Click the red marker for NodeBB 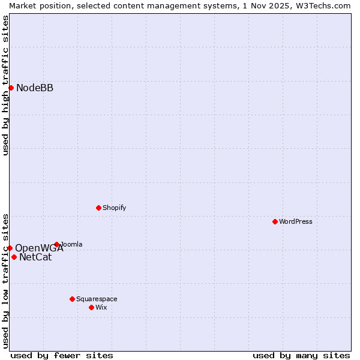coord(11,88)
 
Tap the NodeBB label coord(35,88)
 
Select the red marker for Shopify coord(98,208)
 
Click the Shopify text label coord(114,208)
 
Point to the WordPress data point coord(275,221)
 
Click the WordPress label coord(296,221)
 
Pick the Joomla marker coord(57,244)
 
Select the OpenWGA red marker coord(10,248)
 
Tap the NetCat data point coord(14,257)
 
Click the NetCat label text coord(35,257)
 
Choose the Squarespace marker coord(72,299)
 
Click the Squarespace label coord(97,299)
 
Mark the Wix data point coord(91,307)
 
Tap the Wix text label coord(101,307)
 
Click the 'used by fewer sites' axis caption coord(62,355)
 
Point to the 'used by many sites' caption coord(301,355)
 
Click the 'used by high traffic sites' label coord(5,85)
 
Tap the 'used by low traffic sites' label coord(5,280)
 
